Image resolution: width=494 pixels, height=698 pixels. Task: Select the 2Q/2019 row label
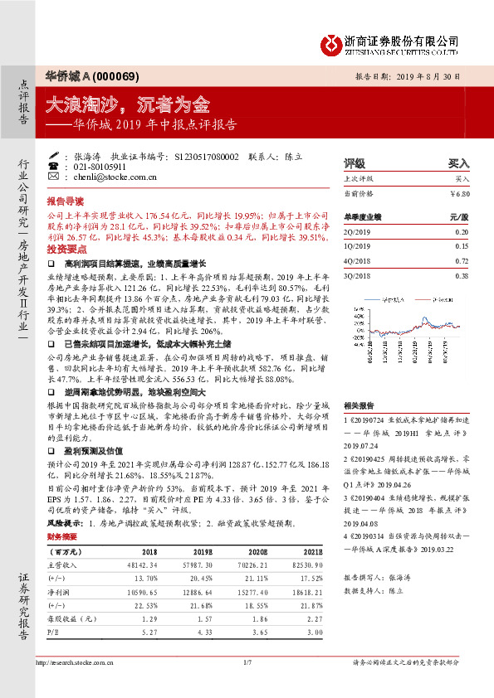coord(356,232)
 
